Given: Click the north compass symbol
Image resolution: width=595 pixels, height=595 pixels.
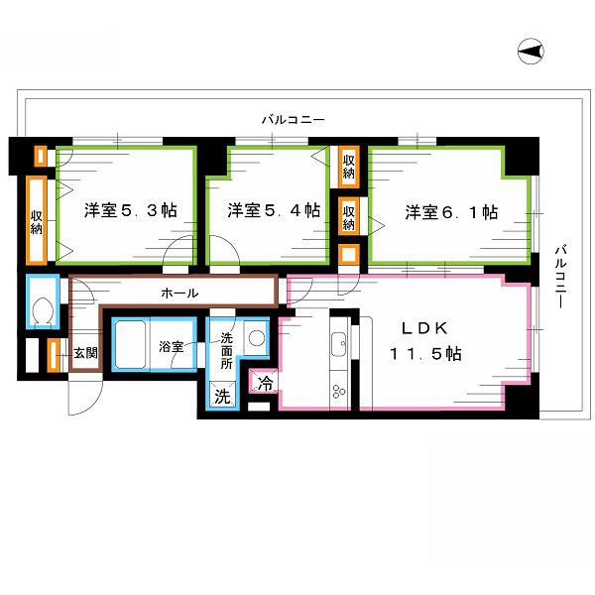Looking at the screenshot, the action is [531, 52].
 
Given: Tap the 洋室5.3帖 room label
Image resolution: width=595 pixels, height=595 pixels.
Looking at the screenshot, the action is [131, 210].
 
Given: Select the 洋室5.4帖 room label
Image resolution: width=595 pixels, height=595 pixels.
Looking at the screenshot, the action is [274, 210].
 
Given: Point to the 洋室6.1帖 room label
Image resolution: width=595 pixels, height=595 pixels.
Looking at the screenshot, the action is [451, 212].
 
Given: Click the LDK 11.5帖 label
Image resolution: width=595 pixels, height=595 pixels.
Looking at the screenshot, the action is [425, 341].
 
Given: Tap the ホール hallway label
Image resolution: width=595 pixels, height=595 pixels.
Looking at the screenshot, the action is [179, 293].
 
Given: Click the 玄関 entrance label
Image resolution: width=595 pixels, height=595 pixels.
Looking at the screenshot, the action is [85, 353].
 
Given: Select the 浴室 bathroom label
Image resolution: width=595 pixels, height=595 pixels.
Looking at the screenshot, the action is [172, 346].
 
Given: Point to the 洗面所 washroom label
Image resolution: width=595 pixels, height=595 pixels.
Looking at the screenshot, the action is [226, 350].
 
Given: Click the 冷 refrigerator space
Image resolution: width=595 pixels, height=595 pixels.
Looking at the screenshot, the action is [265, 383].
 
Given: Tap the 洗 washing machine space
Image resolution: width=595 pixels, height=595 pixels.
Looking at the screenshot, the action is [223, 396].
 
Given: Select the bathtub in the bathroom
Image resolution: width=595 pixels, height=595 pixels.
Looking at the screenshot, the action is [130, 344].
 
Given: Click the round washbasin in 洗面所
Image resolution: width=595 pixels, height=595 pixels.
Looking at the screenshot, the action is [257, 337].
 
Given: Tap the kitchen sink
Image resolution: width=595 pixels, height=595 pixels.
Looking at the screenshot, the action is [338, 344].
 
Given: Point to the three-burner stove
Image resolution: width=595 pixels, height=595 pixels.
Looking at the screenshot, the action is [338, 392].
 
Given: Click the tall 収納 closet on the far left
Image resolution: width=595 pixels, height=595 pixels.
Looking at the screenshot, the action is [37, 220].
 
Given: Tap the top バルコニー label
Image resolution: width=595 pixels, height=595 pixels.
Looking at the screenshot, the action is [293, 120].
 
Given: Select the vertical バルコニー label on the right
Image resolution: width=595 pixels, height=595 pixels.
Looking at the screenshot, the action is [561, 277].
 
